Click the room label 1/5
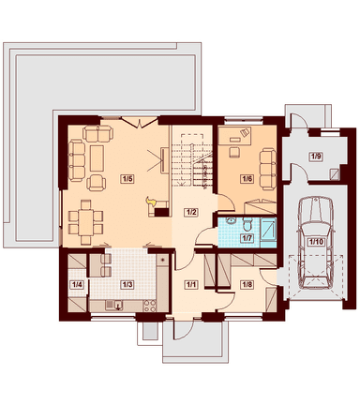tap(127, 179)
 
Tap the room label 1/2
tap(191, 212)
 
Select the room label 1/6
tap(247, 179)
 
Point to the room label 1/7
tap(247, 238)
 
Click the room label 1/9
tap(316, 157)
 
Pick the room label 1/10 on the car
tap(317, 241)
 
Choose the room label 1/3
tap(127, 285)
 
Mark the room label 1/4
tap(77, 285)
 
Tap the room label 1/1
tap(191, 285)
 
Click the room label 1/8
tap(247, 285)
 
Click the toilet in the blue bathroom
tap(247, 223)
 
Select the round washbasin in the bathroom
tap(232, 221)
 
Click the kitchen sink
tap(114, 305)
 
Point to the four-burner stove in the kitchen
tap(150, 306)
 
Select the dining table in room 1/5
tap(85, 222)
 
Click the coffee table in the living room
tap(97, 158)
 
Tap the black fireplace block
tap(162, 212)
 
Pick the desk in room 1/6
tap(234, 136)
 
